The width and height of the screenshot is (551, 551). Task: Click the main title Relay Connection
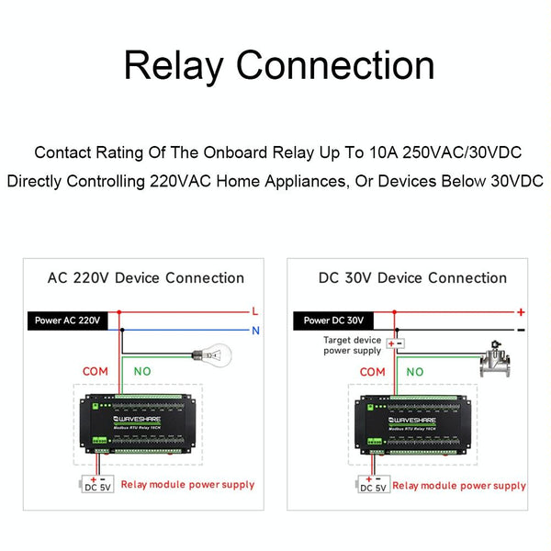(x=279, y=67)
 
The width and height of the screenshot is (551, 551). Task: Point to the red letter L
(x=254, y=310)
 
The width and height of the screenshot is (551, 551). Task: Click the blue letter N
(x=254, y=329)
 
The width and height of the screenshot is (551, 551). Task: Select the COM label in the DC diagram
(x=372, y=372)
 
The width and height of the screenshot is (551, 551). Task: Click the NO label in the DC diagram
(x=415, y=372)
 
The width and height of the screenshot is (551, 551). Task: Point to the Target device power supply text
(x=352, y=344)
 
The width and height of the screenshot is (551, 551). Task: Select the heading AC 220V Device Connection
(x=146, y=277)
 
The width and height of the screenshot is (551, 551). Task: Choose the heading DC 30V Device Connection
(x=411, y=277)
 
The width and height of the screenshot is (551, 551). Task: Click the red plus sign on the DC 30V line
(x=521, y=312)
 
